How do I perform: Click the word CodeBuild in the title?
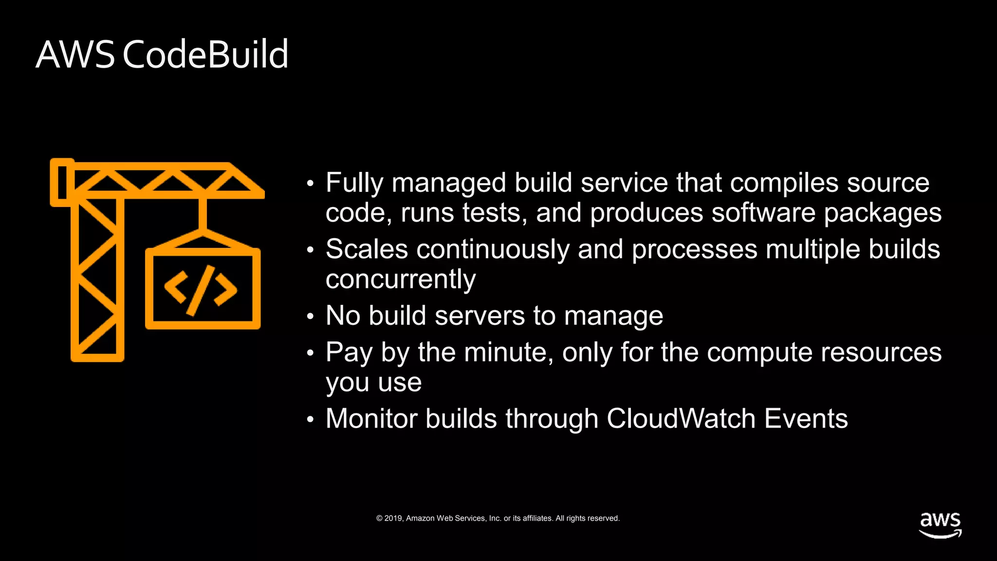point(205,55)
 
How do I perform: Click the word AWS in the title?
point(75,55)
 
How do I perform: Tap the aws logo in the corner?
point(940,525)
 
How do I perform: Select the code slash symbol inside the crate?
point(201,290)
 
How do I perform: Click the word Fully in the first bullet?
point(355,184)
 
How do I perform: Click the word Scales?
point(367,249)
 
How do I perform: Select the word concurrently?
point(400,280)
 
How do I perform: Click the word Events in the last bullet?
point(806,419)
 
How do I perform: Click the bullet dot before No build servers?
point(311,317)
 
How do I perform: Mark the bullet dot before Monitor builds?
point(311,420)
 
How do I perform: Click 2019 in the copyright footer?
point(393,518)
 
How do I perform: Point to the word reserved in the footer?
point(604,518)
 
